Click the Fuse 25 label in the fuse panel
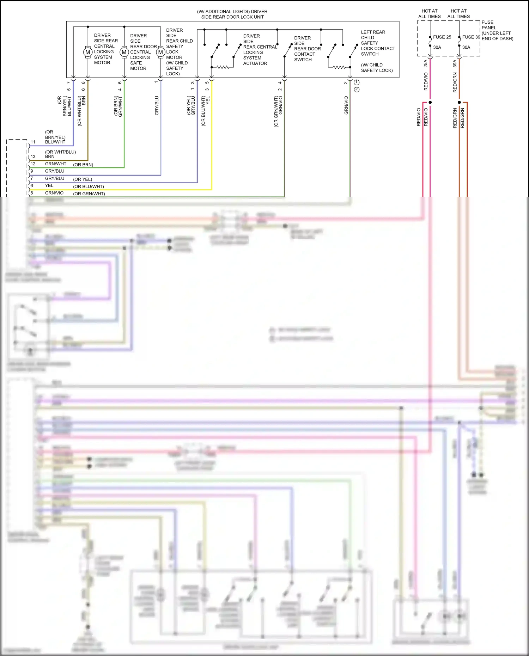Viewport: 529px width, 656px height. click(x=442, y=37)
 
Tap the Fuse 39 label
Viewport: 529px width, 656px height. click(x=471, y=37)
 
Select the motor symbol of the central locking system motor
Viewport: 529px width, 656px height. click(x=88, y=53)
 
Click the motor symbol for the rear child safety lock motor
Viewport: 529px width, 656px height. click(x=160, y=53)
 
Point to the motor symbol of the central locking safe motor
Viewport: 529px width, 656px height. click(x=124, y=53)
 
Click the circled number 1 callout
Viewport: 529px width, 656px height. click(x=357, y=82)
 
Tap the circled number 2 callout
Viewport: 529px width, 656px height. click(x=357, y=90)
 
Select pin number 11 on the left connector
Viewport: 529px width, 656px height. click(x=33, y=142)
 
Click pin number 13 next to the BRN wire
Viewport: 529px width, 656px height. click(x=33, y=157)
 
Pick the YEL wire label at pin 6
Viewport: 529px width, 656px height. click(x=49, y=185)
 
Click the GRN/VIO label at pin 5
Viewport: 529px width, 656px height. click(x=54, y=193)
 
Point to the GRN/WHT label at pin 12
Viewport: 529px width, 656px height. click(x=56, y=164)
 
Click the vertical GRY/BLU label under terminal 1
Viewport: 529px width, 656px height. click(x=157, y=105)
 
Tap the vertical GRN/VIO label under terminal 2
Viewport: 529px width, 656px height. click(x=346, y=105)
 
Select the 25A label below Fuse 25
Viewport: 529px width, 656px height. click(x=426, y=63)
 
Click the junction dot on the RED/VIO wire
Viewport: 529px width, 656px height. click(x=430, y=102)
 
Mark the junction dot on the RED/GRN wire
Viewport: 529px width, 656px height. click(x=459, y=102)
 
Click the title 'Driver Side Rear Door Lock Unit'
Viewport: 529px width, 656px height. click(x=232, y=14)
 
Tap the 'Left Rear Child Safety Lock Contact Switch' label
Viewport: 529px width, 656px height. click(x=378, y=43)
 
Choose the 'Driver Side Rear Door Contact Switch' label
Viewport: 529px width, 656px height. click(x=307, y=49)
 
